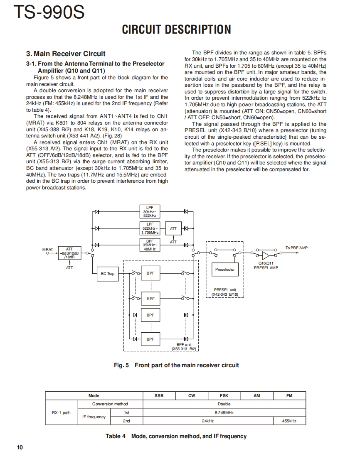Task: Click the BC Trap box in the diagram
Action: (108, 273)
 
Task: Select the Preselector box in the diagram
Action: (225, 270)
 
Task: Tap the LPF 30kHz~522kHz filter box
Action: (150, 211)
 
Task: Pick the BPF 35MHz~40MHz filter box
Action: (150, 245)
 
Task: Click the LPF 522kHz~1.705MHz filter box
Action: (150, 228)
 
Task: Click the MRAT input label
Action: (48, 250)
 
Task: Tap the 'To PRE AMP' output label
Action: (296, 248)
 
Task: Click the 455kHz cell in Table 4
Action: (289, 421)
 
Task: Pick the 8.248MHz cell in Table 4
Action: (224, 412)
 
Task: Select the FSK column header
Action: (224, 396)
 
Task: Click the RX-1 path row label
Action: (61, 412)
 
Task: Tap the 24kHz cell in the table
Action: (208, 421)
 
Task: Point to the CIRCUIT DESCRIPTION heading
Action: (176, 29)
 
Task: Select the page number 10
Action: (20, 447)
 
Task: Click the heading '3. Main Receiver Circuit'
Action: (66, 54)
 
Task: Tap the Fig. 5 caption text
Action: (176, 365)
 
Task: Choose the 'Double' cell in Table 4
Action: (224, 404)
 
